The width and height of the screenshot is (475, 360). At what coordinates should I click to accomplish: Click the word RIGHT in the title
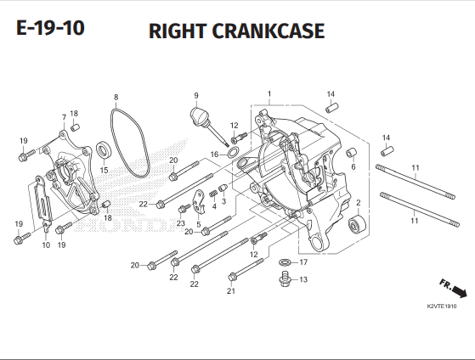179,31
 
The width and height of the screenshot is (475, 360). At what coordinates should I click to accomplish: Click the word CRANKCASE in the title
270,31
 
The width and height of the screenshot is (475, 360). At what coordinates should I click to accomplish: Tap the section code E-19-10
50,29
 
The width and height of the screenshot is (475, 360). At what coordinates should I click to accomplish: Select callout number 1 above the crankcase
269,93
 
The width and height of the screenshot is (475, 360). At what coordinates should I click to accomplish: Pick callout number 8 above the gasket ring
116,98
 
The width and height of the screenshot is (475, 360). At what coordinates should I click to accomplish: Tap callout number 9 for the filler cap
195,95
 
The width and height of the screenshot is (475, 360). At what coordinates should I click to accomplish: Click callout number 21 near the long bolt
230,291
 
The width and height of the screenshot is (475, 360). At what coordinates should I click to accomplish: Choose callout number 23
181,222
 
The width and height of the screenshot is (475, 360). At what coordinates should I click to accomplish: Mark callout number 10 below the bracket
46,245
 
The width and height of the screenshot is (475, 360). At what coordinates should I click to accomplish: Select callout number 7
64,116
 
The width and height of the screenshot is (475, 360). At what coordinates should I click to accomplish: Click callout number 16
215,155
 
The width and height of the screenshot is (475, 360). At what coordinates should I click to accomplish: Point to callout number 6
353,166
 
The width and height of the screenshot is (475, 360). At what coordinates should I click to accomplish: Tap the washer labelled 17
284,262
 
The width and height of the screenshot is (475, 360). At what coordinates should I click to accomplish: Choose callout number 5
198,224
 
